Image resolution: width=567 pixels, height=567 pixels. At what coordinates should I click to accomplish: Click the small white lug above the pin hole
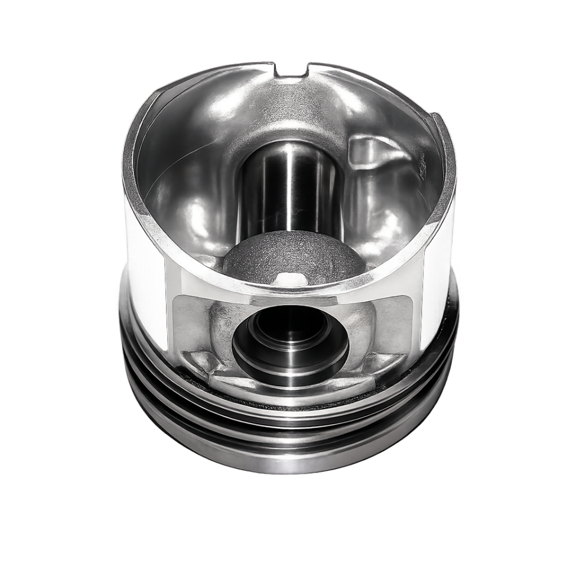289,278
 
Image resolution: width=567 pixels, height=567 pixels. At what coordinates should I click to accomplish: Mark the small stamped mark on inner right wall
423,171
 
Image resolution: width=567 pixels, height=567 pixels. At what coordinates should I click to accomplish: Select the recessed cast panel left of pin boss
188,319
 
